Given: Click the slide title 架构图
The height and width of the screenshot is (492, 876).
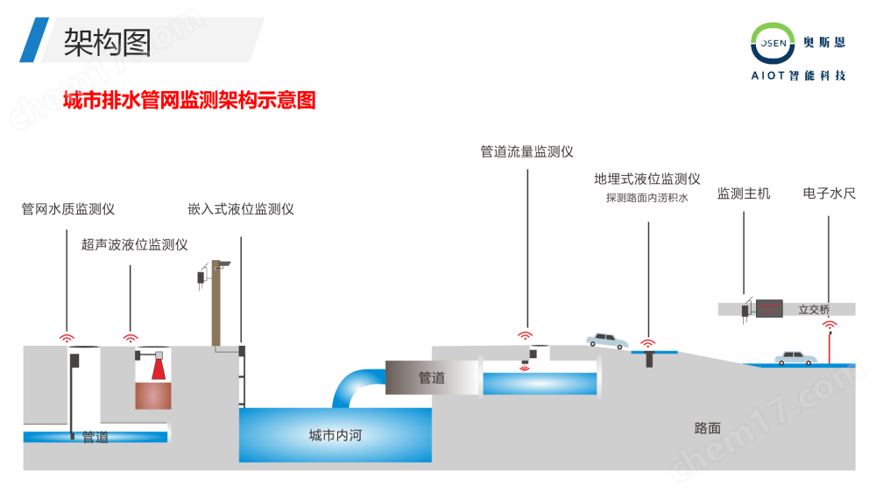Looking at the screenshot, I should pyautogui.click(x=108, y=41).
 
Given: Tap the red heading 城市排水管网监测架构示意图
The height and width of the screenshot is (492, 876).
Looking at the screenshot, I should pyautogui.click(x=189, y=101).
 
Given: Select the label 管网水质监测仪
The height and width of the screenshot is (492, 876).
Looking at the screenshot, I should pyautogui.click(x=68, y=209).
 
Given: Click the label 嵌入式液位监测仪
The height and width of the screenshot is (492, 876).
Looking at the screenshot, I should pyautogui.click(x=240, y=209).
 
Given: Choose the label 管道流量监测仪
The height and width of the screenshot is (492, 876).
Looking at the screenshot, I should pyautogui.click(x=526, y=151).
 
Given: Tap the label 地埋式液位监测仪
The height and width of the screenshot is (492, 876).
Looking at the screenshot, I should pyautogui.click(x=646, y=179).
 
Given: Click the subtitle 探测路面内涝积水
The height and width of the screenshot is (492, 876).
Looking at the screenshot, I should pyautogui.click(x=646, y=198).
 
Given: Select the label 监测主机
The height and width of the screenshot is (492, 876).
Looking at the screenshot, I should pyautogui.click(x=744, y=193).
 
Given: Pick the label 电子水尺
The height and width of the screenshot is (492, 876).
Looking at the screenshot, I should pyautogui.click(x=829, y=193).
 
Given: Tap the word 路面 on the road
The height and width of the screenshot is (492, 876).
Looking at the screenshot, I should pyautogui.click(x=707, y=427).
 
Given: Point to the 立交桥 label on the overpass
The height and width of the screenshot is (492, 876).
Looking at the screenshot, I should pyautogui.click(x=814, y=309).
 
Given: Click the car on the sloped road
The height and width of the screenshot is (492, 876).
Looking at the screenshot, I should pyautogui.click(x=607, y=340).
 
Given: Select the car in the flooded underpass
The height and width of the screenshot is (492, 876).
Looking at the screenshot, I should pyautogui.click(x=795, y=357).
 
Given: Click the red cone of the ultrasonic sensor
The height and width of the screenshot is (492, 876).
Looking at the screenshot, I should pyautogui.click(x=159, y=369).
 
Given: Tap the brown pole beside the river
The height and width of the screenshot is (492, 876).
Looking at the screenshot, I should pyautogui.click(x=216, y=306).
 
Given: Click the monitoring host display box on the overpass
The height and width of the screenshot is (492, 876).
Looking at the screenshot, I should pyautogui.click(x=768, y=308).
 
